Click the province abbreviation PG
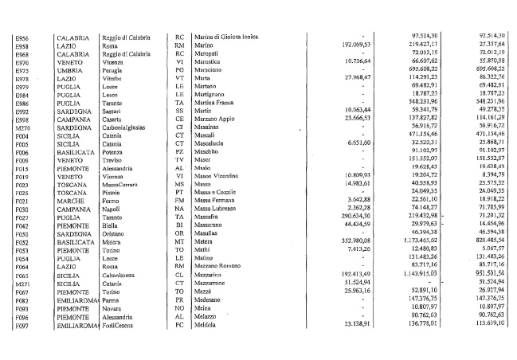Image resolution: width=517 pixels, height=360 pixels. (x=179, y=71)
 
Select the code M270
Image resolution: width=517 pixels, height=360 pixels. (x=22, y=126)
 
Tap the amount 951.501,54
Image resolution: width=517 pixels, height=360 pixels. (x=487, y=292)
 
